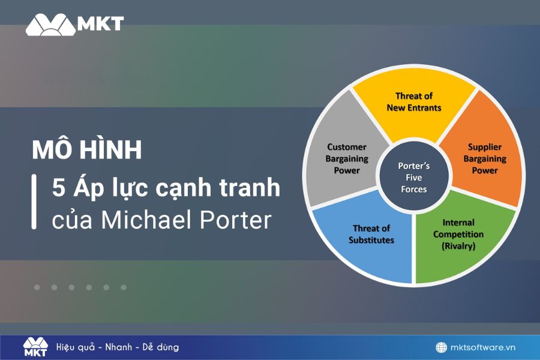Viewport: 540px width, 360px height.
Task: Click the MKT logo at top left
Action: [74, 24]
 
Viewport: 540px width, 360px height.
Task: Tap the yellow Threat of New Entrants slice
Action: [414, 108]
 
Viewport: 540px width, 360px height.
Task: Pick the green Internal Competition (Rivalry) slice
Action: [459, 237]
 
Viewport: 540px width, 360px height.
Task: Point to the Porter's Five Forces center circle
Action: [413, 178]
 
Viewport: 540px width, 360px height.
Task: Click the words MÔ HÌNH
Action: [87, 150]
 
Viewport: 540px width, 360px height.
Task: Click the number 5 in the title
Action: [58, 188]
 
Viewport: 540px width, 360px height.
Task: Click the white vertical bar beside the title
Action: [34, 202]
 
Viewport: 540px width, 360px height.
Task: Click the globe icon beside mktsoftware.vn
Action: [441, 347]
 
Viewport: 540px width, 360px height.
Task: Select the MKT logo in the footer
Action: [35, 347]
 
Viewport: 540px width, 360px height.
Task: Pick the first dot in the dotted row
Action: [37, 287]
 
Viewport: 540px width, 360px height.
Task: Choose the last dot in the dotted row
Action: [124, 287]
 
